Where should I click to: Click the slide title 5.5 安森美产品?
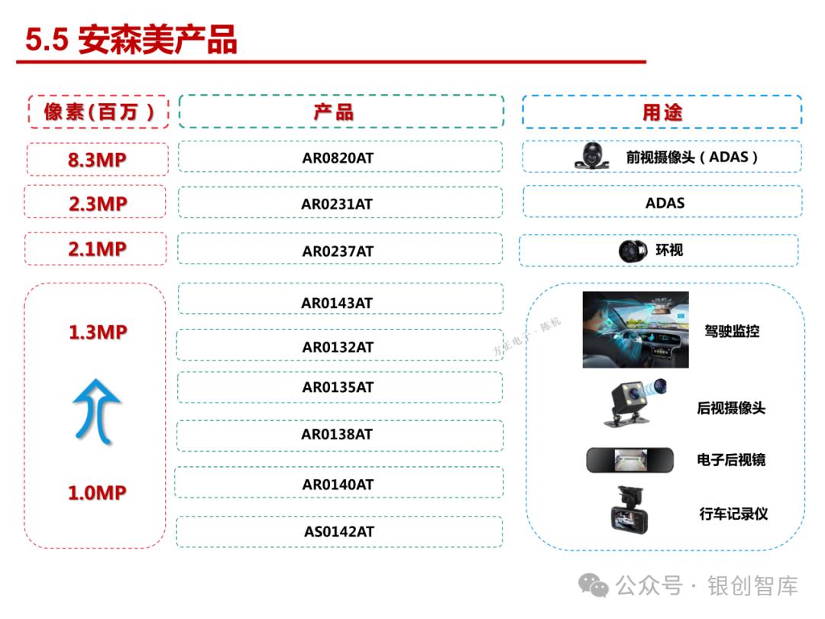tap(131, 41)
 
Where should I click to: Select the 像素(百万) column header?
tap(98, 112)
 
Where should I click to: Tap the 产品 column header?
tap(341, 112)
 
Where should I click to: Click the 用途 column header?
tap(662, 112)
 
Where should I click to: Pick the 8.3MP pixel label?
tap(96, 160)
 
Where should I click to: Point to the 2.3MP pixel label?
tap(96, 203)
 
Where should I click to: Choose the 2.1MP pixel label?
tap(96, 249)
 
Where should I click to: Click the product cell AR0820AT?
tap(338, 158)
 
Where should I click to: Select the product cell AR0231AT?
tap(337, 204)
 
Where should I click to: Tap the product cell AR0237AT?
tap(338, 251)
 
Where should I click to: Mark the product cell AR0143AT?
tap(337, 303)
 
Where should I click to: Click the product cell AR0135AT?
tap(338, 387)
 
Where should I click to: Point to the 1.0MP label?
tap(96, 493)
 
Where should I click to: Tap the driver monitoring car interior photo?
tap(635, 329)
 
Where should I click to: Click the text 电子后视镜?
tap(731, 460)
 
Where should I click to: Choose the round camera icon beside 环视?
tap(632, 250)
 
